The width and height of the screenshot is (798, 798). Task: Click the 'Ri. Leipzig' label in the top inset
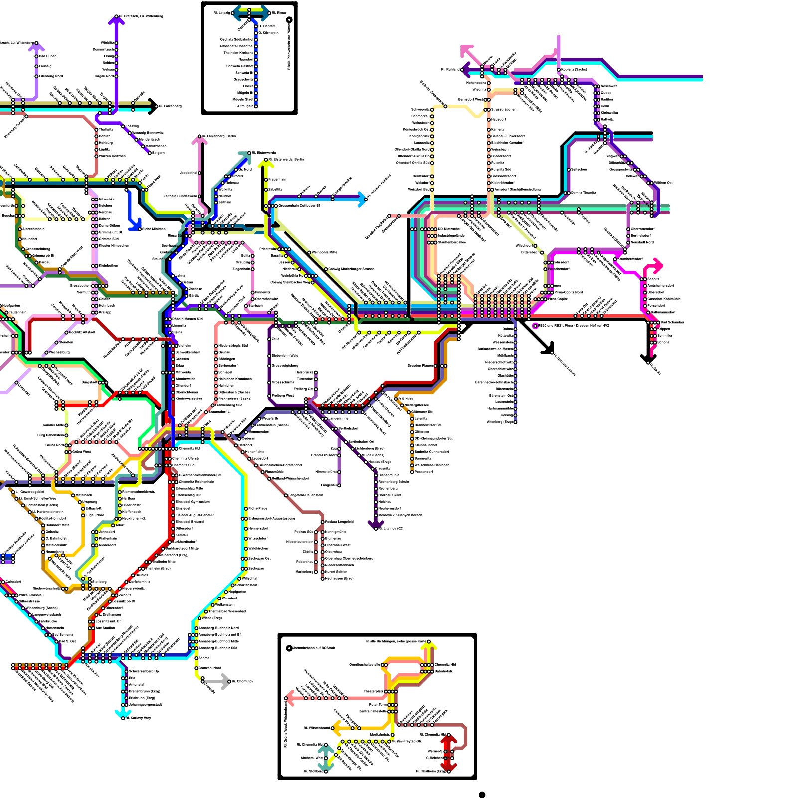pyautogui.click(x=222, y=13)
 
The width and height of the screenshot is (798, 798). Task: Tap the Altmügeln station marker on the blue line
pyautogui.click(x=256, y=106)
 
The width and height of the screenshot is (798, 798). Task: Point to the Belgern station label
pyautogui.click(x=158, y=153)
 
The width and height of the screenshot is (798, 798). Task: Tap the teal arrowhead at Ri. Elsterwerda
pyautogui.click(x=245, y=157)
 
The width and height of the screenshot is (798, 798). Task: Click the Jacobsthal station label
pyautogui.click(x=188, y=173)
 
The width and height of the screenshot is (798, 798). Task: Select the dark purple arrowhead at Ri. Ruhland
pyautogui.click(x=466, y=69)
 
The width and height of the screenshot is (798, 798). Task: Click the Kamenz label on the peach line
pyautogui.click(x=498, y=129)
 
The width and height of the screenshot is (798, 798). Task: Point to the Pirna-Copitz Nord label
pyautogui.click(x=569, y=292)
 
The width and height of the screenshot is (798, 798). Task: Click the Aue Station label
pyautogui.click(x=105, y=628)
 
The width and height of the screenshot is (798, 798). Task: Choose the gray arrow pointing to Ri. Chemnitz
pyautogui.click(x=223, y=681)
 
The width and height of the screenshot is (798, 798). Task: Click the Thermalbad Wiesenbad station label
pyautogui.click(x=227, y=611)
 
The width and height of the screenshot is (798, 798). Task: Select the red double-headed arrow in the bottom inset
pyautogui.click(x=448, y=753)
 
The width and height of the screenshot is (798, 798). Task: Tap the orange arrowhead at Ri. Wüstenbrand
pyautogui.click(x=336, y=728)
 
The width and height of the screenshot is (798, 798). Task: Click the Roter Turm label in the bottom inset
pyautogui.click(x=378, y=705)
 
